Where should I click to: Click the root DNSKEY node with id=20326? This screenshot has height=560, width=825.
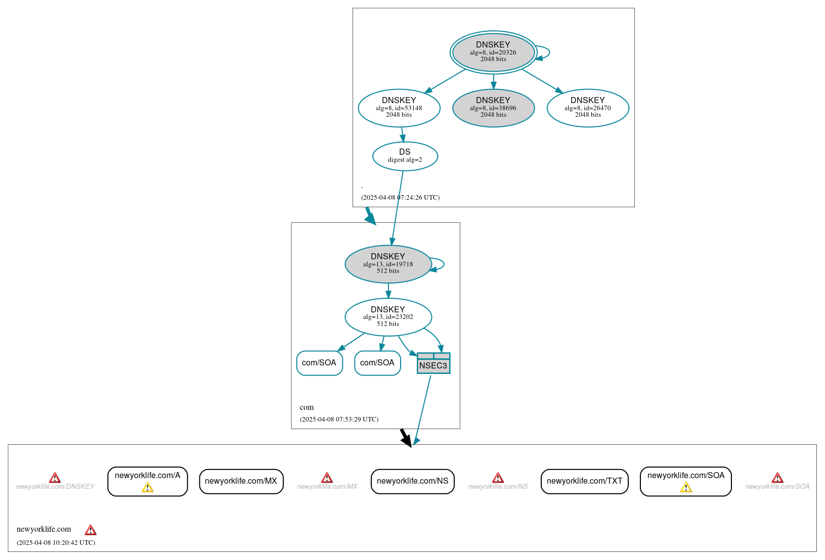click(x=493, y=52)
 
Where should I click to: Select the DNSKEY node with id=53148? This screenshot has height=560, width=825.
click(x=399, y=108)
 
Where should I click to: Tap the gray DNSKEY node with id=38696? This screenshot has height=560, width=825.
click(x=493, y=108)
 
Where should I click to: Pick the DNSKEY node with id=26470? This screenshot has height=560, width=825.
click(x=588, y=108)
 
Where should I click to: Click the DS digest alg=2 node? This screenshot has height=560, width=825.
click(x=405, y=156)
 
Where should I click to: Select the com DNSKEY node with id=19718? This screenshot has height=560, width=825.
click(x=388, y=264)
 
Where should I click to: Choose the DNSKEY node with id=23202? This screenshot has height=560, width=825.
click(x=388, y=317)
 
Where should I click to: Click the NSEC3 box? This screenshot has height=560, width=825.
click(x=433, y=365)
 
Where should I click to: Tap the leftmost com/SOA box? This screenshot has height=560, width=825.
click(x=319, y=363)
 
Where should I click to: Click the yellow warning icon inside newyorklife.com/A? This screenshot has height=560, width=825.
click(x=147, y=487)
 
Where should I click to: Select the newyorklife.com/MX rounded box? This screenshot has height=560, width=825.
click(x=241, y=481)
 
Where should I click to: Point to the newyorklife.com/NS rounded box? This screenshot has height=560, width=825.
click(x=412, y=481)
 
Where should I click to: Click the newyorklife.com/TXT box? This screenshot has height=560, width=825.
click(x=584, y=481)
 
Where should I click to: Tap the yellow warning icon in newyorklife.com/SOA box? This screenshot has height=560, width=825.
click(x=686, y=487)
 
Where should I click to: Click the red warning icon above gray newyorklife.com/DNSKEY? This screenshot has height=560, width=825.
click(x=55, y=478)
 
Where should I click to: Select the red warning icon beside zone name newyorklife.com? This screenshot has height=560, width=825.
click(x=91, y=530)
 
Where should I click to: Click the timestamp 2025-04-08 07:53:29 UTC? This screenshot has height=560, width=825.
click(x=339, y=419)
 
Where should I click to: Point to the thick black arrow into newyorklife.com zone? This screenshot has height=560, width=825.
click(x=406, y=438)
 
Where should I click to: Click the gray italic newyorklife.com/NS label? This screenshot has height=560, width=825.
click(x=498, y=487)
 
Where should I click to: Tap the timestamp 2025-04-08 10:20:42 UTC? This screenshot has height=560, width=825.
click(x=56, y=543)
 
